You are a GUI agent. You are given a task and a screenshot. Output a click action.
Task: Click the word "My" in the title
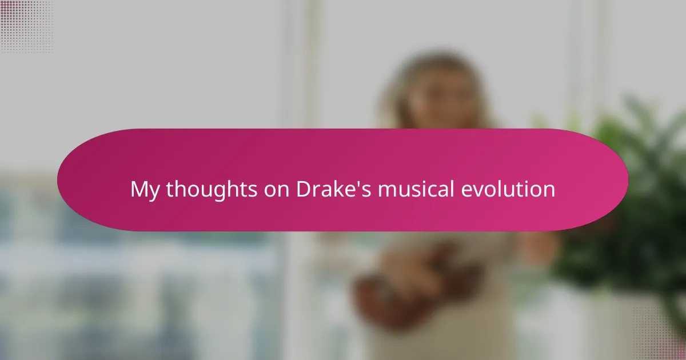pyautogui.click(x=145, y=190)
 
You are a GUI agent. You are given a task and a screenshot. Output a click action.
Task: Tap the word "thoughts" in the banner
pyautogui.click(x=212, y=189)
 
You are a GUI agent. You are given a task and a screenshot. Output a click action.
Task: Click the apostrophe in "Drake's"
pyautogui.click(x=357, y=183)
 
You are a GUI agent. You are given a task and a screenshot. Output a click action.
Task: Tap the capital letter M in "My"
pyautogui.click(x=139, y=189)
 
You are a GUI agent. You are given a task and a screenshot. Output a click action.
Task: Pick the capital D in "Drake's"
pyautogui.click(x=304, y=189)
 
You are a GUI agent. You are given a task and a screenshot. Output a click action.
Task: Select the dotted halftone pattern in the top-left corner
pyautogui.click(x=27, y=27)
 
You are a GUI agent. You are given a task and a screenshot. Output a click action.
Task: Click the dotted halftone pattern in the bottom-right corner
pyautogui.click(x=659, y=334)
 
